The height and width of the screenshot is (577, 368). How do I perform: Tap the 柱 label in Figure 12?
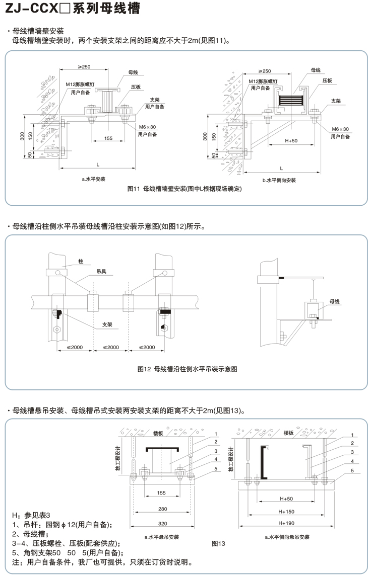coord(81,262)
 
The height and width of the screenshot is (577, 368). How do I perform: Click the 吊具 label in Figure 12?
coord(101,271)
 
